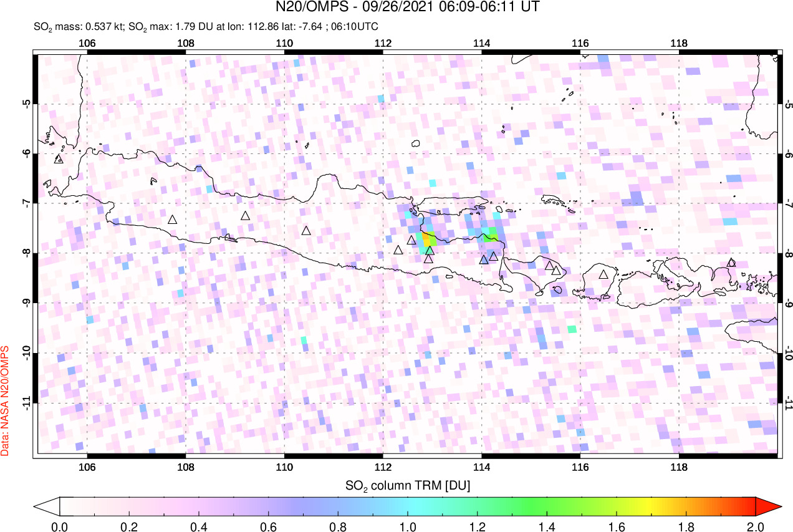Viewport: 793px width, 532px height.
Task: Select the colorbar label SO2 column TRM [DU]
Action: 408,485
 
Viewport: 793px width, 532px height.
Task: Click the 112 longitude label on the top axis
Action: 383,44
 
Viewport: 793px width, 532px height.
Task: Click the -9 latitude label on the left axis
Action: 27,303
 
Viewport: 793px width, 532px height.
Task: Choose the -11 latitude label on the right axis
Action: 789,403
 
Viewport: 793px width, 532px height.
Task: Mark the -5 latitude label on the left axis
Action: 27,104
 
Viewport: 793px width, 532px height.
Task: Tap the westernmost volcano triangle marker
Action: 59,159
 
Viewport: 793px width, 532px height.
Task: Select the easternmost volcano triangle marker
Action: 731,263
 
